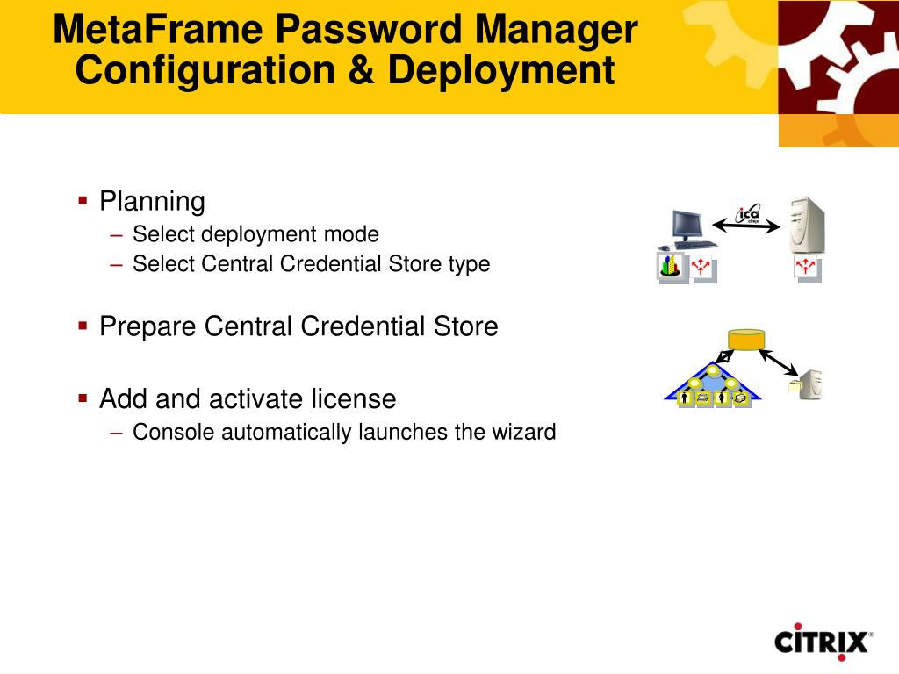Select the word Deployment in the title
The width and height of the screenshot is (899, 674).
coord(500,70)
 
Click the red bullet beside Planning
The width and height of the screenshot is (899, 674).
coord(83,201)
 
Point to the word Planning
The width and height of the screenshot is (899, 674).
coord(152,202)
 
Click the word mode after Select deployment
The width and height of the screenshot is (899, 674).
coord(351,234)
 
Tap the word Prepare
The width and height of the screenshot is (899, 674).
coord(147,327)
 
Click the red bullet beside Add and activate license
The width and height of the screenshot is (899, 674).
coord(83,398)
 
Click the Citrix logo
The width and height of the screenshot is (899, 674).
coord(823,642)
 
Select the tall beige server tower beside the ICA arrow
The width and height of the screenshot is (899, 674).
coord(807,226)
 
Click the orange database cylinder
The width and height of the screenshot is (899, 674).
coord(746,339)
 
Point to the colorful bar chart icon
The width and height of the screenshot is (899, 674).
coord(672,266)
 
